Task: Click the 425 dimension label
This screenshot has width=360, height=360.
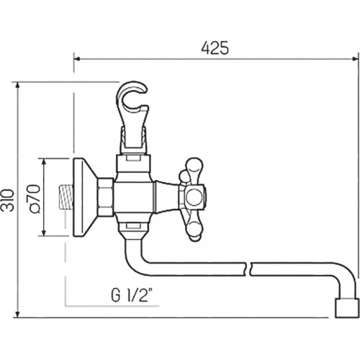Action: tap(215, 48)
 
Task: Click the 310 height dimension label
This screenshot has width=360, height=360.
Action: tap(8, 200)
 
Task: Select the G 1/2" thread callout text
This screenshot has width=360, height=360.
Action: tap(132, 295)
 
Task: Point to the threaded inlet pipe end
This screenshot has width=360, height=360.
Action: tap(66, 196)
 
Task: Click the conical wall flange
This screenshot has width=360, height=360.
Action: tap(85, 197)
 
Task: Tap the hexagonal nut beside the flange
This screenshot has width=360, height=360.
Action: tap(106, 197)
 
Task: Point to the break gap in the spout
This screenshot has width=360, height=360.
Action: tap(248, 269)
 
